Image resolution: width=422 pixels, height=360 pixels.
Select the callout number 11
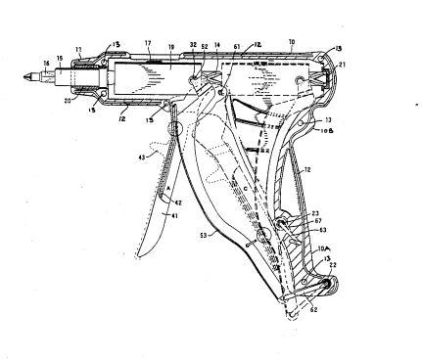[x=78, y=47]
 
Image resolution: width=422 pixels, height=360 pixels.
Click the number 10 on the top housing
[x=290, y=43]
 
